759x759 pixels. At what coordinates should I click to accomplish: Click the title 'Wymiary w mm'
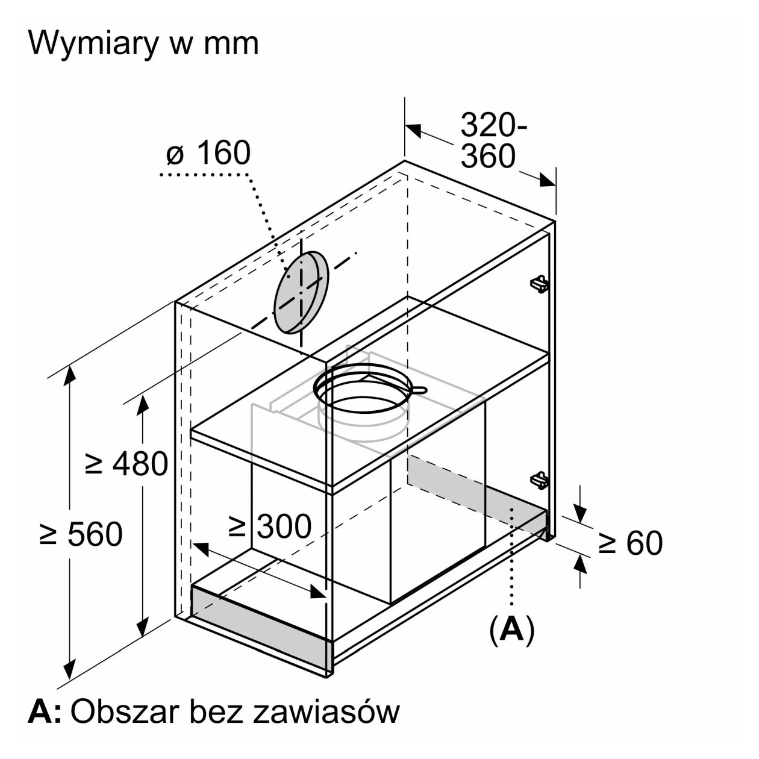(143, 43)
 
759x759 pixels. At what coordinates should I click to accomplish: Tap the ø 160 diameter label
(208, 153)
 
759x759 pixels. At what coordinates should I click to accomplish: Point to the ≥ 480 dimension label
(126, 464)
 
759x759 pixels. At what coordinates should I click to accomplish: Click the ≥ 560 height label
(81, 534)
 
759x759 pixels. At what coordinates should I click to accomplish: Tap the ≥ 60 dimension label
(630, 543)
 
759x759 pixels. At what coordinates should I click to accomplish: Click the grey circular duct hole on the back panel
(301, 292)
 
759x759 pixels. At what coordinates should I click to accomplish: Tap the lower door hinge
(540, 480)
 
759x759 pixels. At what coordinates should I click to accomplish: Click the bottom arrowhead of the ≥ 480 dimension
(143, 627)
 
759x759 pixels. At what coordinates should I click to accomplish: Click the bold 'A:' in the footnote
(45, 712)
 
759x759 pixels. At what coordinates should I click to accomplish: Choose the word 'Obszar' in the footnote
(125, 712)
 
